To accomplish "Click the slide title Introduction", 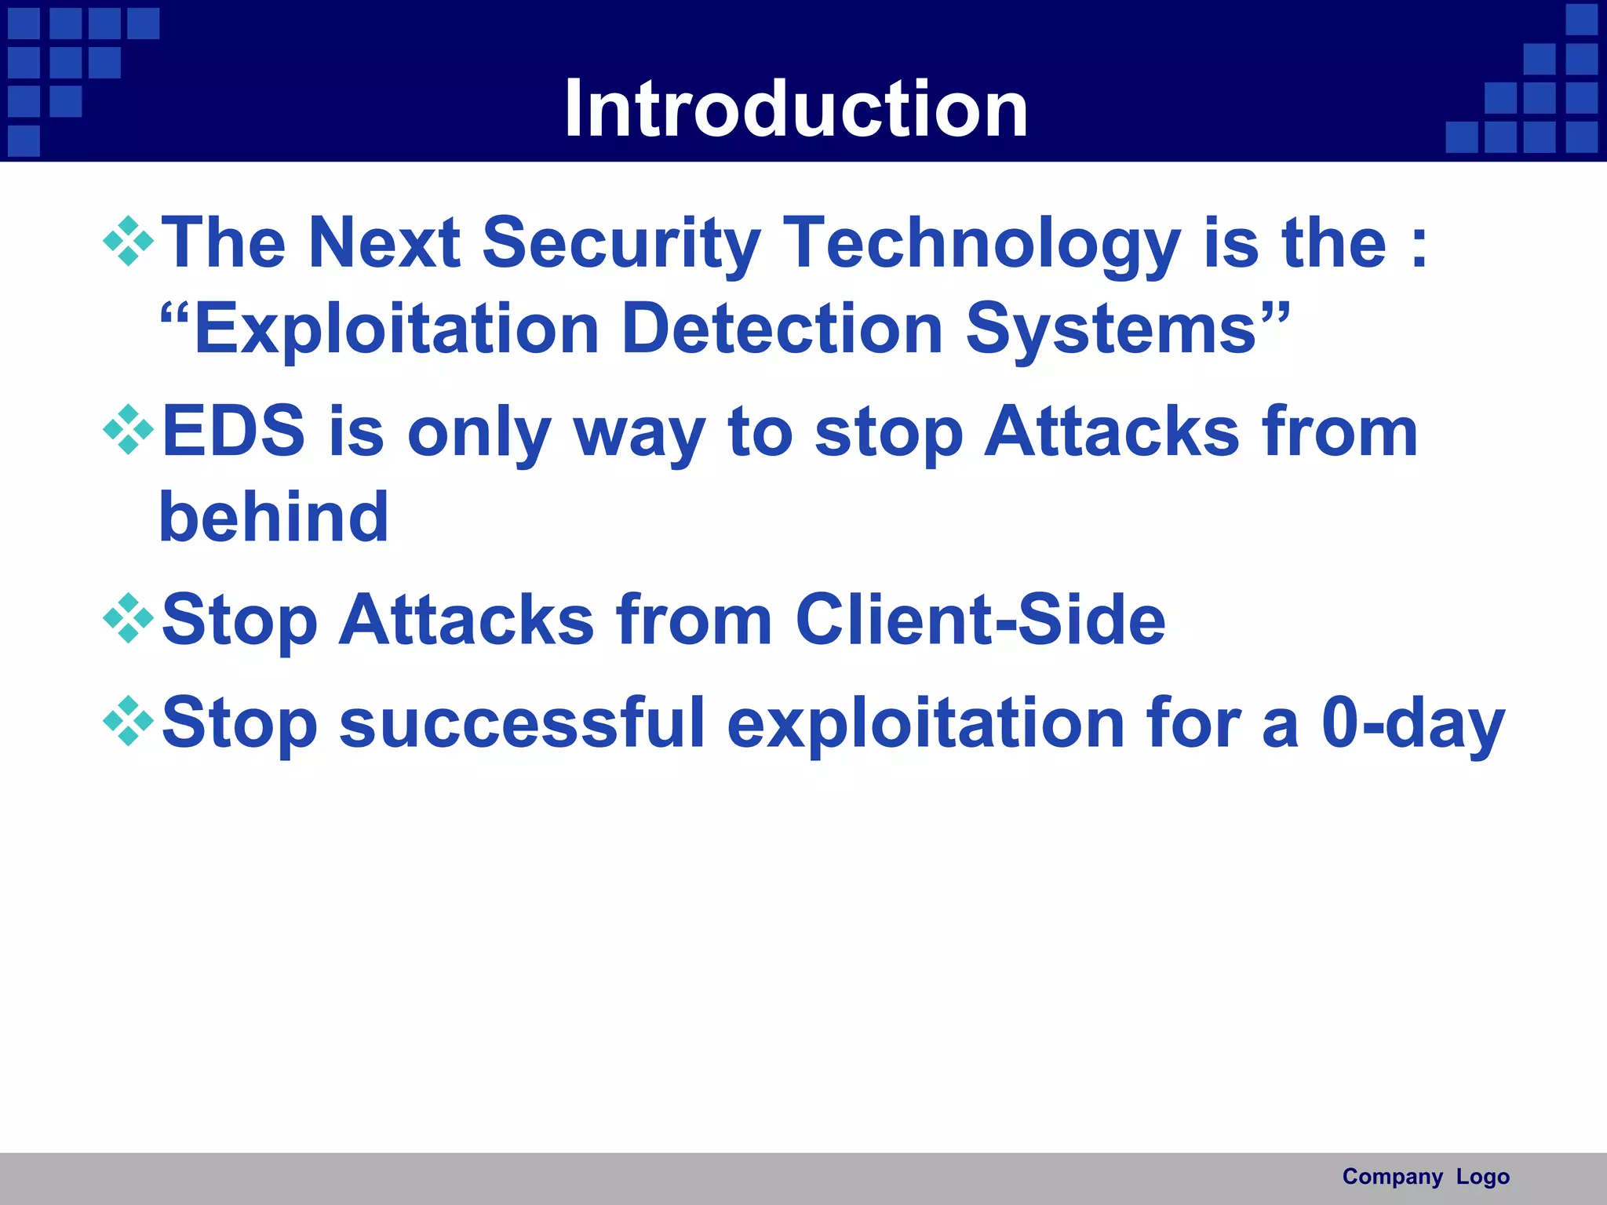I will click(796, 109).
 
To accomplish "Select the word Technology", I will click(981, 245).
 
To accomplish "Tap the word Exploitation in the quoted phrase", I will click(396, 329).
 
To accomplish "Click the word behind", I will click(274, 517).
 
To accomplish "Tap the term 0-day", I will click(1412, 723).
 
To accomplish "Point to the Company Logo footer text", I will click(1425, 1177).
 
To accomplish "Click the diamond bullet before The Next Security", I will click(128, 242).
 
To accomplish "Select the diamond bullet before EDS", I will click(128, 430).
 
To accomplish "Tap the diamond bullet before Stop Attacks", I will click(128, 618).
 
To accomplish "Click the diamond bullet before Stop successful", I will click(128, 721).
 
